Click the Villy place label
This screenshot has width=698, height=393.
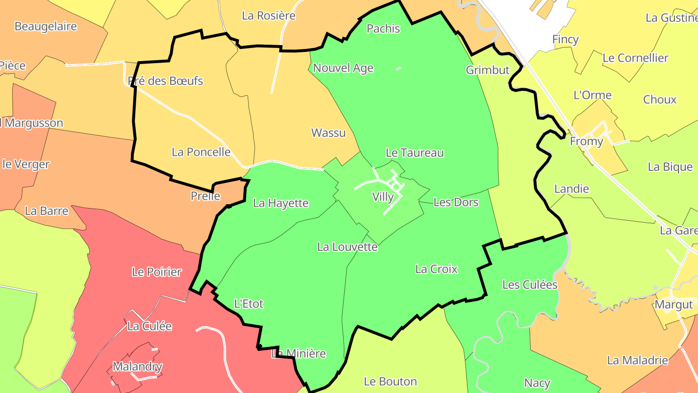[383, 197]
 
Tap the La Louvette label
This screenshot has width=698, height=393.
[347, 247]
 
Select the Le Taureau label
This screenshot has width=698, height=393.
[414, 153]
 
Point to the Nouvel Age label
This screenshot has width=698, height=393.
[343, 68]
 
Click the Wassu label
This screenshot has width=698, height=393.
[328, 132]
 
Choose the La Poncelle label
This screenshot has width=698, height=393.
[201, 152]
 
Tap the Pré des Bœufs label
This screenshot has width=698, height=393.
[165, 81]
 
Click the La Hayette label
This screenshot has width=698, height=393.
[281, 203]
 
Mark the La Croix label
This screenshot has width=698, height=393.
[436, 269]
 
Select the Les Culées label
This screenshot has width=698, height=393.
[530, 285]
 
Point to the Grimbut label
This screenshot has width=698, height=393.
[488, 70]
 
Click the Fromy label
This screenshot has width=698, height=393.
[587, 142]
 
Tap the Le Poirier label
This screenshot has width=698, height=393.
[157, 272]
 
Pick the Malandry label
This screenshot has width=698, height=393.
[137, 367]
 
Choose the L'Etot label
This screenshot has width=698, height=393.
[249, 304]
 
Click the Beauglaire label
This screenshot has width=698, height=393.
[46, 26]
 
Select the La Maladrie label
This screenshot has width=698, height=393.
[637, 360]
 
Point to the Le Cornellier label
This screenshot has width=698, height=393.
[635, 58]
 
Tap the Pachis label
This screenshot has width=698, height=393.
[383, 29]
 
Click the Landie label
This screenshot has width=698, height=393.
[571, 189]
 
